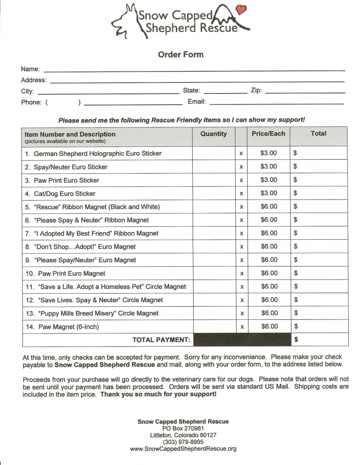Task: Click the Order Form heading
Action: [180, 55]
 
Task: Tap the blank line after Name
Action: [194, 70]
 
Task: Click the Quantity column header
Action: [213, 134]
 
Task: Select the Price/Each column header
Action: [268, 133]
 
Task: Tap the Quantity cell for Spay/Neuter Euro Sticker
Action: [213, 167]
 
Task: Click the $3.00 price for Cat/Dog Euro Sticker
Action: [269, 193]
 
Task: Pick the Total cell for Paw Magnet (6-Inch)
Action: [319, 326]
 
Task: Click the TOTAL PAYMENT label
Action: [161, 340]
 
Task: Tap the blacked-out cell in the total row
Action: [242, 340]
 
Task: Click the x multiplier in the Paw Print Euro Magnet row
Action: [241, 273]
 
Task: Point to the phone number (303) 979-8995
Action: [183, 442]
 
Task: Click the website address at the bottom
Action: [183, 449]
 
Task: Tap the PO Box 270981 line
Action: [183, 428]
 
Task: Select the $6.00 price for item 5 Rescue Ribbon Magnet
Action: [269, 207]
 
